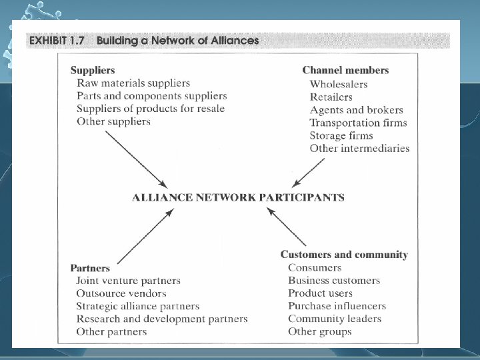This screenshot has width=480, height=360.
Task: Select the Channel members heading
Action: click(x=345, y=70)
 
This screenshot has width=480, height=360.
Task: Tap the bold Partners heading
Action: click(x=89, y=268)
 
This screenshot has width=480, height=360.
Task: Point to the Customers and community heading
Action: click(x=344, y=255)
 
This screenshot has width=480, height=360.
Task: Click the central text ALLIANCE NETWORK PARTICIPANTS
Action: click(x=238, y=197)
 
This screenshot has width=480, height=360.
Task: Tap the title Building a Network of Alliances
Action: click(x=178, y=40)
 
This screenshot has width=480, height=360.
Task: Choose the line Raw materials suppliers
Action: click(x=133, y=83)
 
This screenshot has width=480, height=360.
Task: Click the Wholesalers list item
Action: click(x=339, y=84)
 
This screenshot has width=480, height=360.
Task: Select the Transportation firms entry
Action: click(x=358, y=123)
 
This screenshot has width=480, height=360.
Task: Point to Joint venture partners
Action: click(x=128, y=281)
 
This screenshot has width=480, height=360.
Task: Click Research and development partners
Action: click(x=161, y=319)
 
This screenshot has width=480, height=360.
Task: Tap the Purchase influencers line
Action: click(x=337, y=306)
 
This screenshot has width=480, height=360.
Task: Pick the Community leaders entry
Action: click(x=335, y=319)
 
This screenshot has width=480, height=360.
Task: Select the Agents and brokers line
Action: click(x=356, y=110)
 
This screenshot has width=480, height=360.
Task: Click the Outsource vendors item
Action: click(x=121, y=293)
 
